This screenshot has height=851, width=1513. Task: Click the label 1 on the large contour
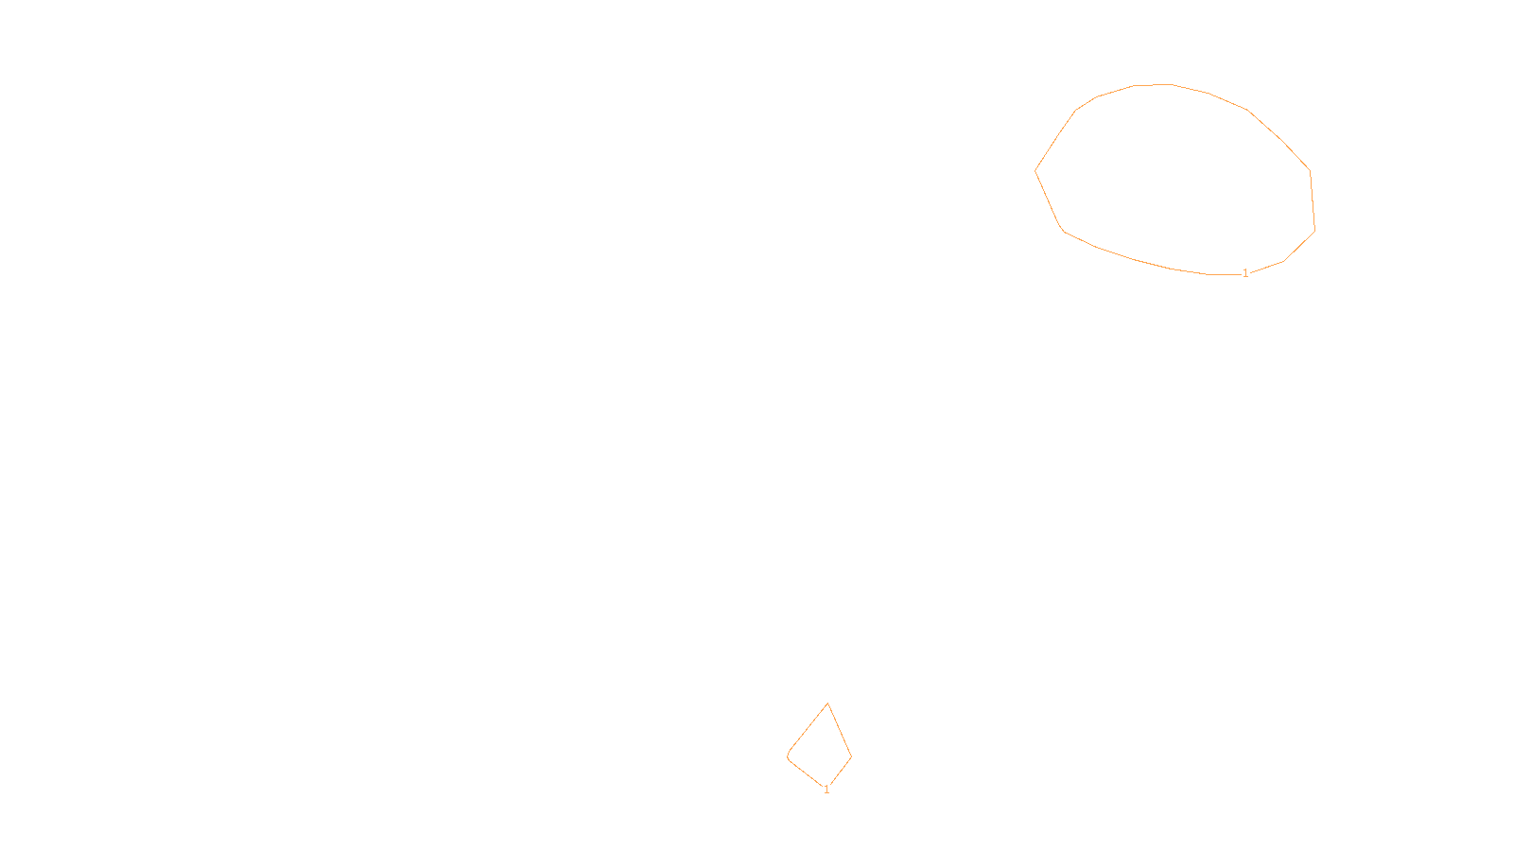1245,273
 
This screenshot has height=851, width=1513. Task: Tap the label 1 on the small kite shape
826,790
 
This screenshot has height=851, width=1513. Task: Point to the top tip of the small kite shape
827,703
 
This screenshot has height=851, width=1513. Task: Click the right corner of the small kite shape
852,757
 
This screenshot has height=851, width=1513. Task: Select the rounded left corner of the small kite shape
789,756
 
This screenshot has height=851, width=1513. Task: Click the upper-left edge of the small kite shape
809,727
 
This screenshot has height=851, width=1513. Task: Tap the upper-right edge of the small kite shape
840,730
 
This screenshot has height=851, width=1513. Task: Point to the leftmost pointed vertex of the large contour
1035,171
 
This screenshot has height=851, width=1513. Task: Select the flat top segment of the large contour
1153,85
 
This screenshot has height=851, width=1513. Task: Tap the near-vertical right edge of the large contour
1313,200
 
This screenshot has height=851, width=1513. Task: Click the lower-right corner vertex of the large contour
1314,231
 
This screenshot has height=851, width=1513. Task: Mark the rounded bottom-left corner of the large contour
1063,230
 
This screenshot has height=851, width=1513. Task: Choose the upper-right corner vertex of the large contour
1310,170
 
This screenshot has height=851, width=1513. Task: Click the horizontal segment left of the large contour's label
1224,274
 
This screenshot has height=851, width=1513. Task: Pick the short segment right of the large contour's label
1267,267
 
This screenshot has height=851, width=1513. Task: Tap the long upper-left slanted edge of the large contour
1055,141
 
